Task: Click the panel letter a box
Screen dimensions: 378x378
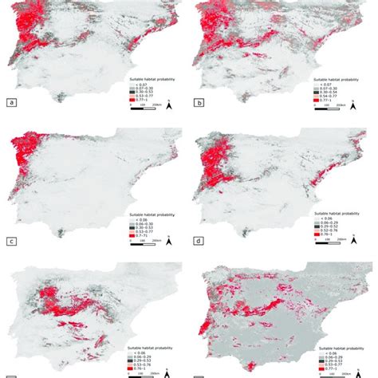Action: [11, 103]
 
